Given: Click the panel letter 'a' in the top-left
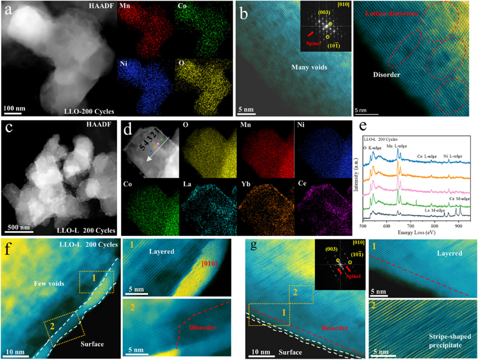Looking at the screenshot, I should point(9,11).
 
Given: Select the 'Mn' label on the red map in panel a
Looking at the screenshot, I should point(125,7).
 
